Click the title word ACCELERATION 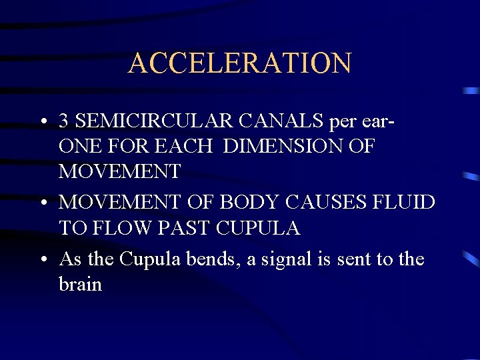(239, 63)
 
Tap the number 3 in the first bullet (65, 121)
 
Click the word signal (274, 259)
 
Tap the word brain (81, 284)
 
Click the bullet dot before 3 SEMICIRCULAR (43, 122)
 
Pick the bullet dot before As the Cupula (43, 259)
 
